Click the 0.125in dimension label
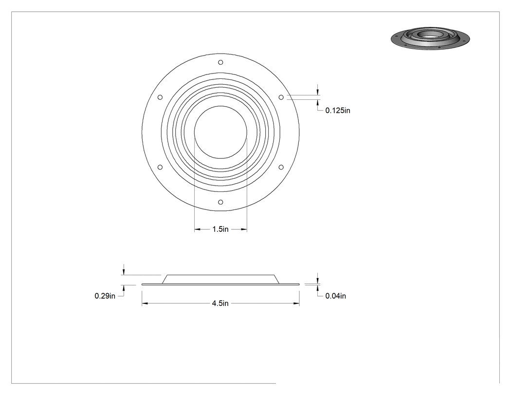click(x=338, y=111)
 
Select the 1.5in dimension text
click(x=220, y=229)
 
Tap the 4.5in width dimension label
click(x=220, y=303)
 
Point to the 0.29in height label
click(x=105, y=296)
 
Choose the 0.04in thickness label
click(x=336, y=296)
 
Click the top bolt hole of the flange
click(x=220, y=62)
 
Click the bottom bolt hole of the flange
click(x=220, y=202)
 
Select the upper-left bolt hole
click(x=160, y=97)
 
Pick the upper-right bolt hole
click(x=281, y=97)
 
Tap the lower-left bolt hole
click(x=160, y=168)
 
